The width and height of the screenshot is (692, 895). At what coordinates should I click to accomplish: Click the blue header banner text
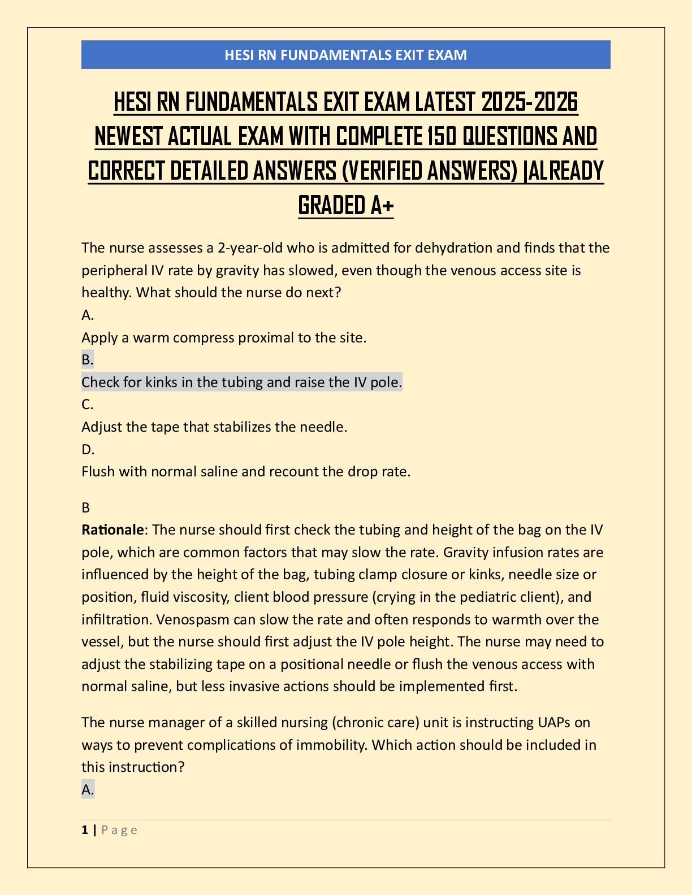tap(345, 55)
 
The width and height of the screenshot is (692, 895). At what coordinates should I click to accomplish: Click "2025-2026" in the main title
tap(530, 102)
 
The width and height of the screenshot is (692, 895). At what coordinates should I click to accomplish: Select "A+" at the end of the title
tap(382, 205)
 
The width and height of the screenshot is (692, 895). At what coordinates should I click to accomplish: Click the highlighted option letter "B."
tap(88, 359)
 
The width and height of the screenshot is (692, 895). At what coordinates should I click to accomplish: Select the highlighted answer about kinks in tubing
tap(241, 382)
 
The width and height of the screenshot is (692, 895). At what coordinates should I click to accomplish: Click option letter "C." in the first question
tap(88, 404)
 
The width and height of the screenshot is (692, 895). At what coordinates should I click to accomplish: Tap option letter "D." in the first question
tap(88, 449)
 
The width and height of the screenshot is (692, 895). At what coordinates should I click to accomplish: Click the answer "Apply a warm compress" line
tap(224, 337)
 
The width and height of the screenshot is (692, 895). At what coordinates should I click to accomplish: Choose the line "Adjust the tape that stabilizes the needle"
tap(214, 427)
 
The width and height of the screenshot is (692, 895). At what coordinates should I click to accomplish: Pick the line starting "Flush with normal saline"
tap(246, 471)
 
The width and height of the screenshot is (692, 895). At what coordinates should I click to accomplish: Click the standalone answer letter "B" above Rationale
tap(86, 507)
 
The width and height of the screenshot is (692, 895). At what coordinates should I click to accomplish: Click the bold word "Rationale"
tap(113, 529)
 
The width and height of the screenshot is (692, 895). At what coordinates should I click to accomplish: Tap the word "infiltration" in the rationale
tap(116, 619)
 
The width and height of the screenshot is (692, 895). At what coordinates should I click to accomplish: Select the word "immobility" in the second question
tap(332, 745)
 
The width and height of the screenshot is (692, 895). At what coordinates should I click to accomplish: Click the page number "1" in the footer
tap(85, 829)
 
